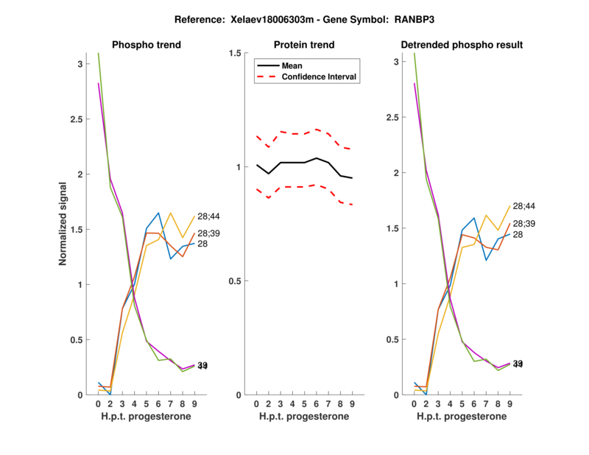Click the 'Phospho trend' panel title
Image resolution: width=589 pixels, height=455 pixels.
pos(146,45)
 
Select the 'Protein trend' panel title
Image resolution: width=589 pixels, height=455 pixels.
pos(305,45)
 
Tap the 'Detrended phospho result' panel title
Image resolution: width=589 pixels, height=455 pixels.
pos(462,45)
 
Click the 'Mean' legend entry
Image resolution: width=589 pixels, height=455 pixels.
pos(292,66)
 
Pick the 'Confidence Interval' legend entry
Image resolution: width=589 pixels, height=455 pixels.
pos(320,77)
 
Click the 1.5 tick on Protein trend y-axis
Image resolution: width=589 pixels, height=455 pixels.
pos(235,53)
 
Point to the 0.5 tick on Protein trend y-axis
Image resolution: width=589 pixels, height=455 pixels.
pos(235,281)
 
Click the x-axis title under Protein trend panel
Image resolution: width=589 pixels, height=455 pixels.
pos(304,417)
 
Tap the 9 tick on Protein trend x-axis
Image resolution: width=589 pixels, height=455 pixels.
pos(353,404)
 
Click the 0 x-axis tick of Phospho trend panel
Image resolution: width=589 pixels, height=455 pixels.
pos(99,404)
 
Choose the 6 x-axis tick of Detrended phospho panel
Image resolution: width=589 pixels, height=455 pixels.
pos(475,404)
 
